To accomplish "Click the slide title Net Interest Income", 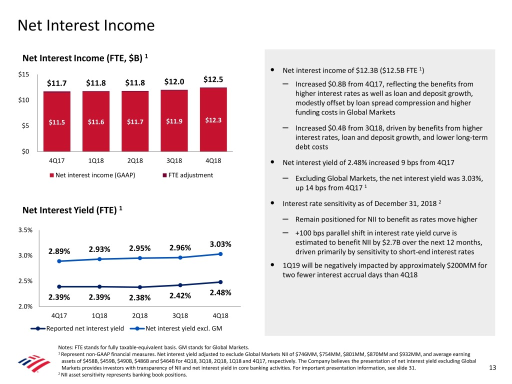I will coord(85,25).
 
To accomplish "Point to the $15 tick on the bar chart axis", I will coord(23,74).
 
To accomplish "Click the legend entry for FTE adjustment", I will coord(187,175).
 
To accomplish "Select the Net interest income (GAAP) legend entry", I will coord(92,175).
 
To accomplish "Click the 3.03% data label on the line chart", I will coord(220,244).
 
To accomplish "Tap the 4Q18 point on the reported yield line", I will coord(220,282).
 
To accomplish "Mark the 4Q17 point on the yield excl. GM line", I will coord(59,261).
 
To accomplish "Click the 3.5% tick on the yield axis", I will coord(25,230).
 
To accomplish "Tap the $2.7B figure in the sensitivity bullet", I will coord(388,242).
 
